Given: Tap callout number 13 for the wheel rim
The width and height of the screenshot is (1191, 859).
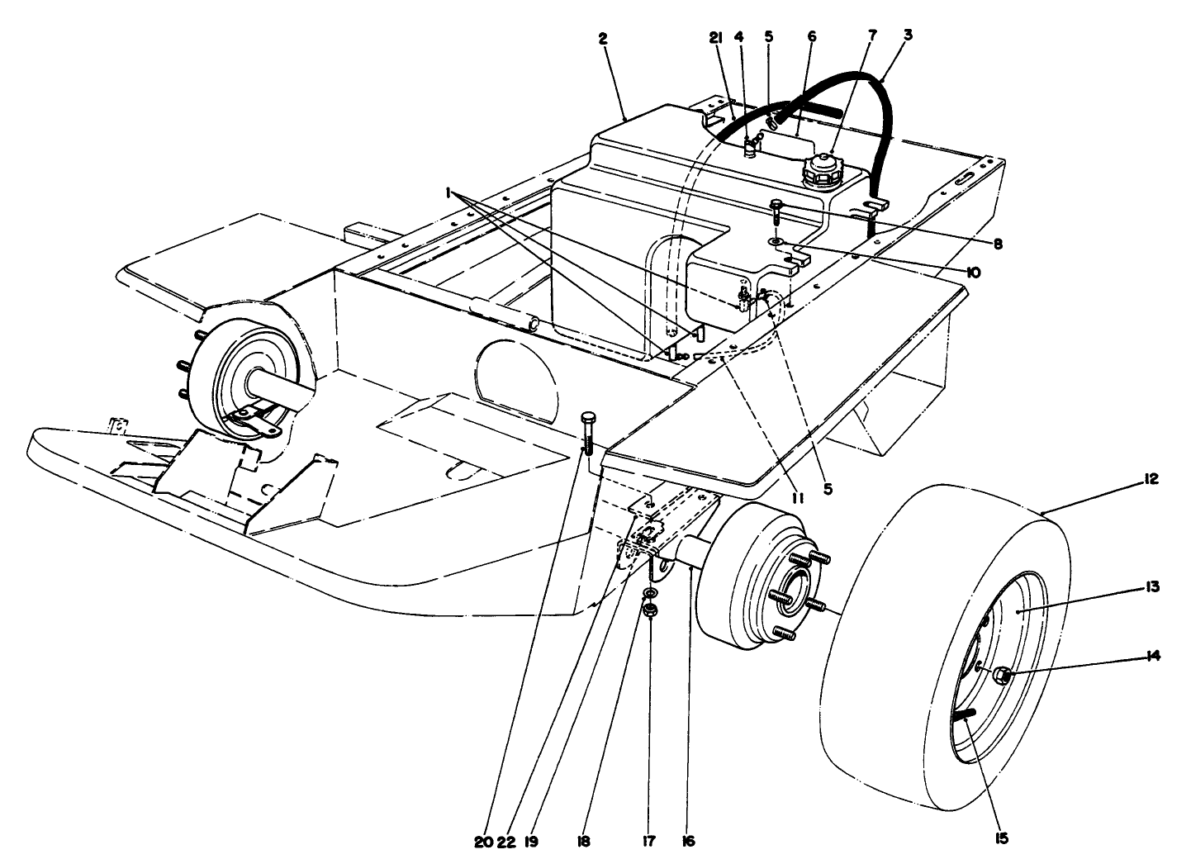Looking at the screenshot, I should point(1153,587).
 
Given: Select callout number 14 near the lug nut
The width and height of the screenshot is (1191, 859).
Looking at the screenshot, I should point(1153,656).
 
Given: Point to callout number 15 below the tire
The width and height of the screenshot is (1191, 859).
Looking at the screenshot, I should point(1002,838).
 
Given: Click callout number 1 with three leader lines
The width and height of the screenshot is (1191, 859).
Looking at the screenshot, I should point(448,192).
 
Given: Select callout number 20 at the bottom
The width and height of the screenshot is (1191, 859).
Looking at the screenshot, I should point(483,841).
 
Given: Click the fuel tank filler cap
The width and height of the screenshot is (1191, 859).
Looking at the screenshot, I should point(823,168).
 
